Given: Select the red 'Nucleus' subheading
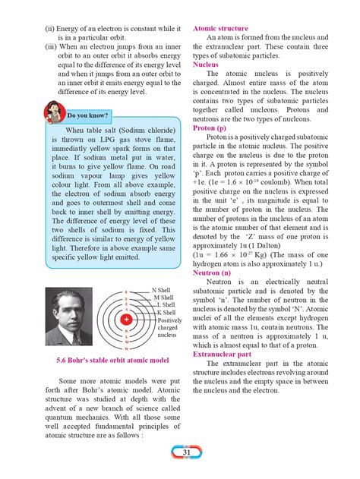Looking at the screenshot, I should click(x=206, y=65).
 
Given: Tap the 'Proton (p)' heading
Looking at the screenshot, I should click(x=211, y=128).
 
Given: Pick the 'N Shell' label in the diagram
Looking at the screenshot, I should click(x=162, y=290).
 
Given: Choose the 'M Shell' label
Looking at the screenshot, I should click(x=164, y=298).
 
